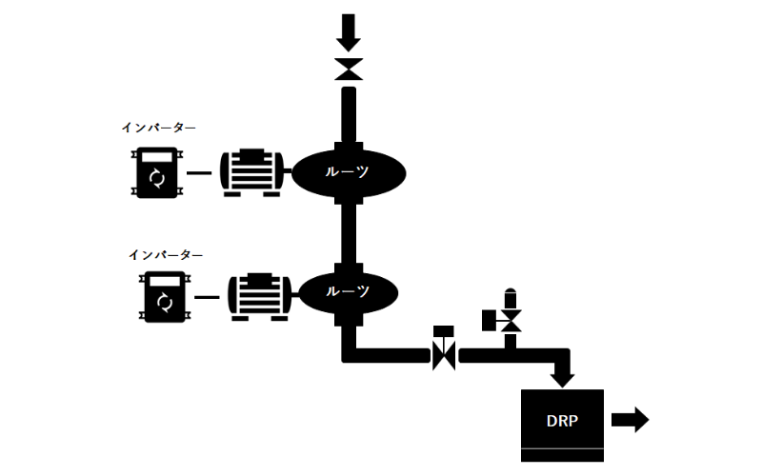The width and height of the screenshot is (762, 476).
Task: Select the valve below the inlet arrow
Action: [x=349, y=69]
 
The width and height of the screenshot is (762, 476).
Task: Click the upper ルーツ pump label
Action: [x=349, y=172]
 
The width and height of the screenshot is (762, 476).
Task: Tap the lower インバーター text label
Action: [x=166, y=255]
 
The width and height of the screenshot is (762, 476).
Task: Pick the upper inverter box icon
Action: [x=157, y=172]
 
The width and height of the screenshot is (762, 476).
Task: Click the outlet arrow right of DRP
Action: [x=631, y=419]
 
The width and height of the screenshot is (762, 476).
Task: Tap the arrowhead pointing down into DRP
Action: [x=563, y=378]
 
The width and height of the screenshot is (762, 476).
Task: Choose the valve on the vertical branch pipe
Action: [x=511, y=321]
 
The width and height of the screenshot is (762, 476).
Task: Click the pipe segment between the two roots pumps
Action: [x=349, y=233]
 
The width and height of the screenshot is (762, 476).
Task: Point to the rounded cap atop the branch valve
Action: [x=511, y=293]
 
